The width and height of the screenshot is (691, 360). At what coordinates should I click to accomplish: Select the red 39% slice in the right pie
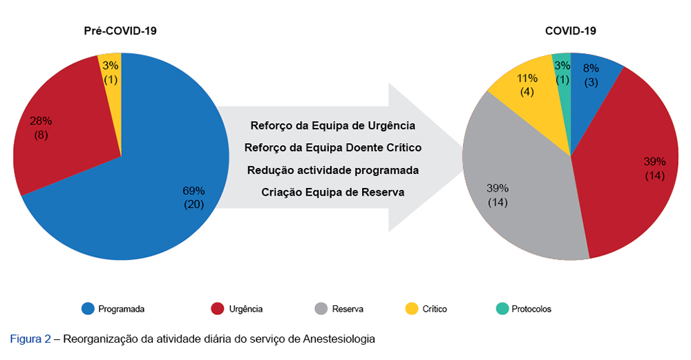coord(629,173)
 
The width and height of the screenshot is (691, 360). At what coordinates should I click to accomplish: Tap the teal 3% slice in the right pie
coord(562,73)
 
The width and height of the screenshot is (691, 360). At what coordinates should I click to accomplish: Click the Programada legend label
coord(122,309)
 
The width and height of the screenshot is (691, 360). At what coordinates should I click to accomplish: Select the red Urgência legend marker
coord(217,309)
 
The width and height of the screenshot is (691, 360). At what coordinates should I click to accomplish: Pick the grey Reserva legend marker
coord(320,309)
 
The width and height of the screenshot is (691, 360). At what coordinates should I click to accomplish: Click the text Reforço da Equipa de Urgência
coord(332,126)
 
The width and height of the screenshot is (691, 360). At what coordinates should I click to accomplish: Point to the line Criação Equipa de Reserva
coord(332,191)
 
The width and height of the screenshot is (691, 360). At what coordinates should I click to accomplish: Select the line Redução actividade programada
coord(332,169)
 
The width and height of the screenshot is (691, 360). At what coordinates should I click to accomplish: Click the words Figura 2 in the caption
coord(30,339)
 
